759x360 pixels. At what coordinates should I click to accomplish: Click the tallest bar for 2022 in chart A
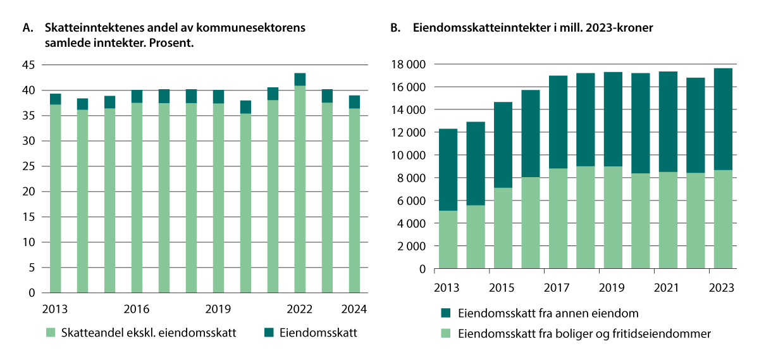pyautogui.click(x=300, y=183)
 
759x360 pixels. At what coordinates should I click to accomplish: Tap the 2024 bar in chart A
pyautogui.click(x=354, y=196)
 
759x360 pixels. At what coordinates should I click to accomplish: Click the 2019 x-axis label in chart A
pyautogui.click(x=218, y=309)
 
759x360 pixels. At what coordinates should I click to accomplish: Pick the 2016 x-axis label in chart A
pyautogui.click(x=137, y=309)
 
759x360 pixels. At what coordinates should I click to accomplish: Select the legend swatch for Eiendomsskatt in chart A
pyautogui.click(x=269, y=333)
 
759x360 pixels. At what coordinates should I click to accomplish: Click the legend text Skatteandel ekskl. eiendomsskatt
pyautogui.click(x=144, y=333)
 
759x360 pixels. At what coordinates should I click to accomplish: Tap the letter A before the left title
pyautogui.click(x=26, y=28)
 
